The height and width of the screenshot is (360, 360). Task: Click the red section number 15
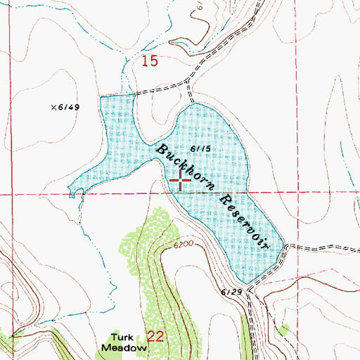pos(148,62)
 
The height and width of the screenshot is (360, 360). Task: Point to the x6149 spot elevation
pos(67,107)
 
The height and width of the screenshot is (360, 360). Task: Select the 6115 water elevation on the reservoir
pos(201,148)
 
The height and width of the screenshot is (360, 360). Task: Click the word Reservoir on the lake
pos(244,219)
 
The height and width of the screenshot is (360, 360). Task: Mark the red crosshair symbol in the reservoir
pos(181,180)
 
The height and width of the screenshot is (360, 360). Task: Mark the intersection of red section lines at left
pos(11,192)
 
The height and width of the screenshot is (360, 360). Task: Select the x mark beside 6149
pos(53,107)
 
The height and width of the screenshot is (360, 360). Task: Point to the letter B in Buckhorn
pos(162,150)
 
